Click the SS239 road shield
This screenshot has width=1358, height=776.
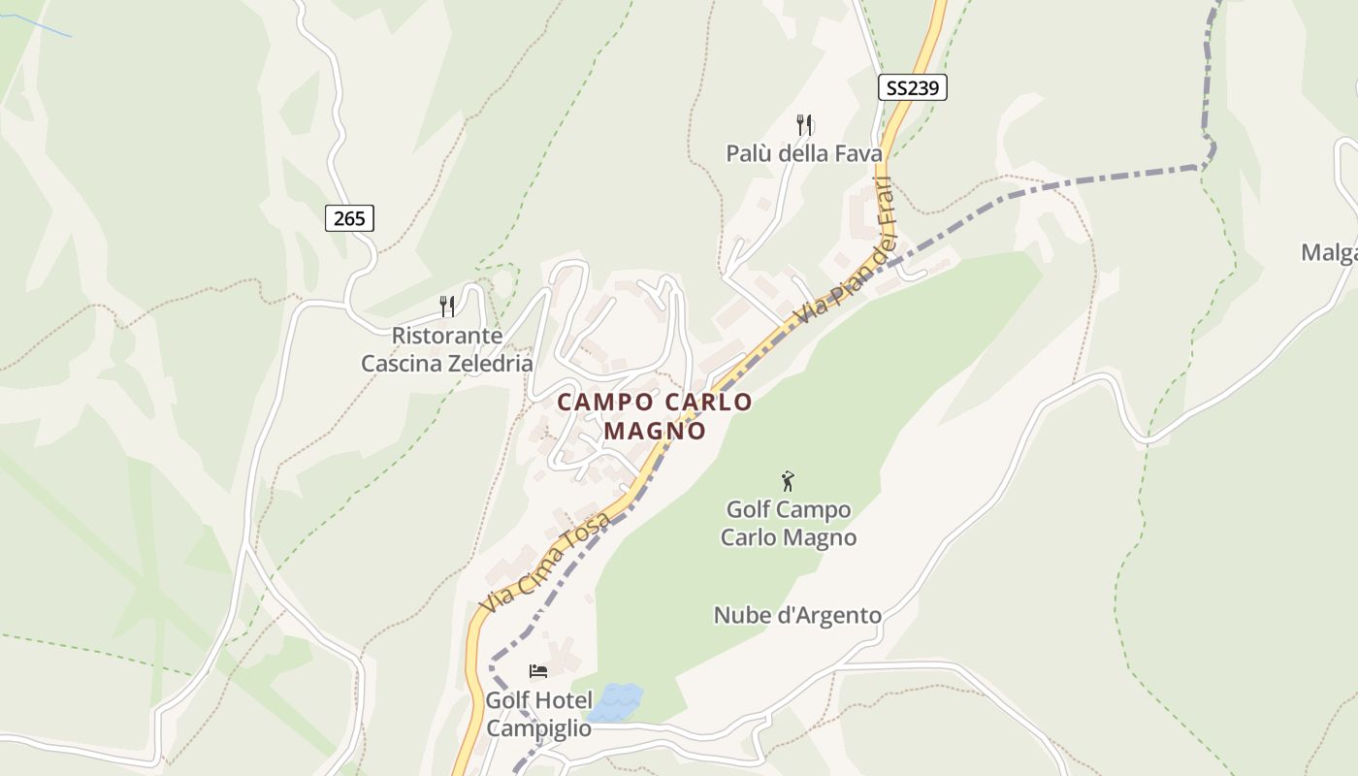pyautogui.click(x=912, y=87)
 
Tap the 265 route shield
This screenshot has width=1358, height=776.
pyautogui.click(x=349, y=218)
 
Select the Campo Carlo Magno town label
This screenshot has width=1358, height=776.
pyautogui.click(x=655, y=415)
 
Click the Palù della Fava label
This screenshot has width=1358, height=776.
pyautogui.click(x=804, y=153)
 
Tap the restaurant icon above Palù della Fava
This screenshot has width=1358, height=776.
pyautogui.click(x=804, y=124)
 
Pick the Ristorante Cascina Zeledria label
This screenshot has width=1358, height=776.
pyautogui.click(x=447, y=350)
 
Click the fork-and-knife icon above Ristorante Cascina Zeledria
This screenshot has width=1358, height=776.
pyautogui.click(x=447, y=307)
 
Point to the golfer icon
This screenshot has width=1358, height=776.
pyautogui.click(x=788, y=480)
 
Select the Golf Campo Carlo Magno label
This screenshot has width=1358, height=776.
pyautogui.click(x=789, y=523)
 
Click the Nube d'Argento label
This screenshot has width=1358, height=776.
pyautogui.click(x=797, y=615)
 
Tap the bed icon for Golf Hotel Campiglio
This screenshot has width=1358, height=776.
pyautogui.click(x=538, y=671)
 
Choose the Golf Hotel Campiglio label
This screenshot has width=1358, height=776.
pyautogui.click(x=538, y=714)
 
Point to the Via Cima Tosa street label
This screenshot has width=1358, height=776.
pyautogui.click(x=547, y=563)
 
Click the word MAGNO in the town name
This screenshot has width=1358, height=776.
pyautogui.click(x=655, y=430)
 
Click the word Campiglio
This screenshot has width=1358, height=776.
pyautogui.click(x=538, y=728)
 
